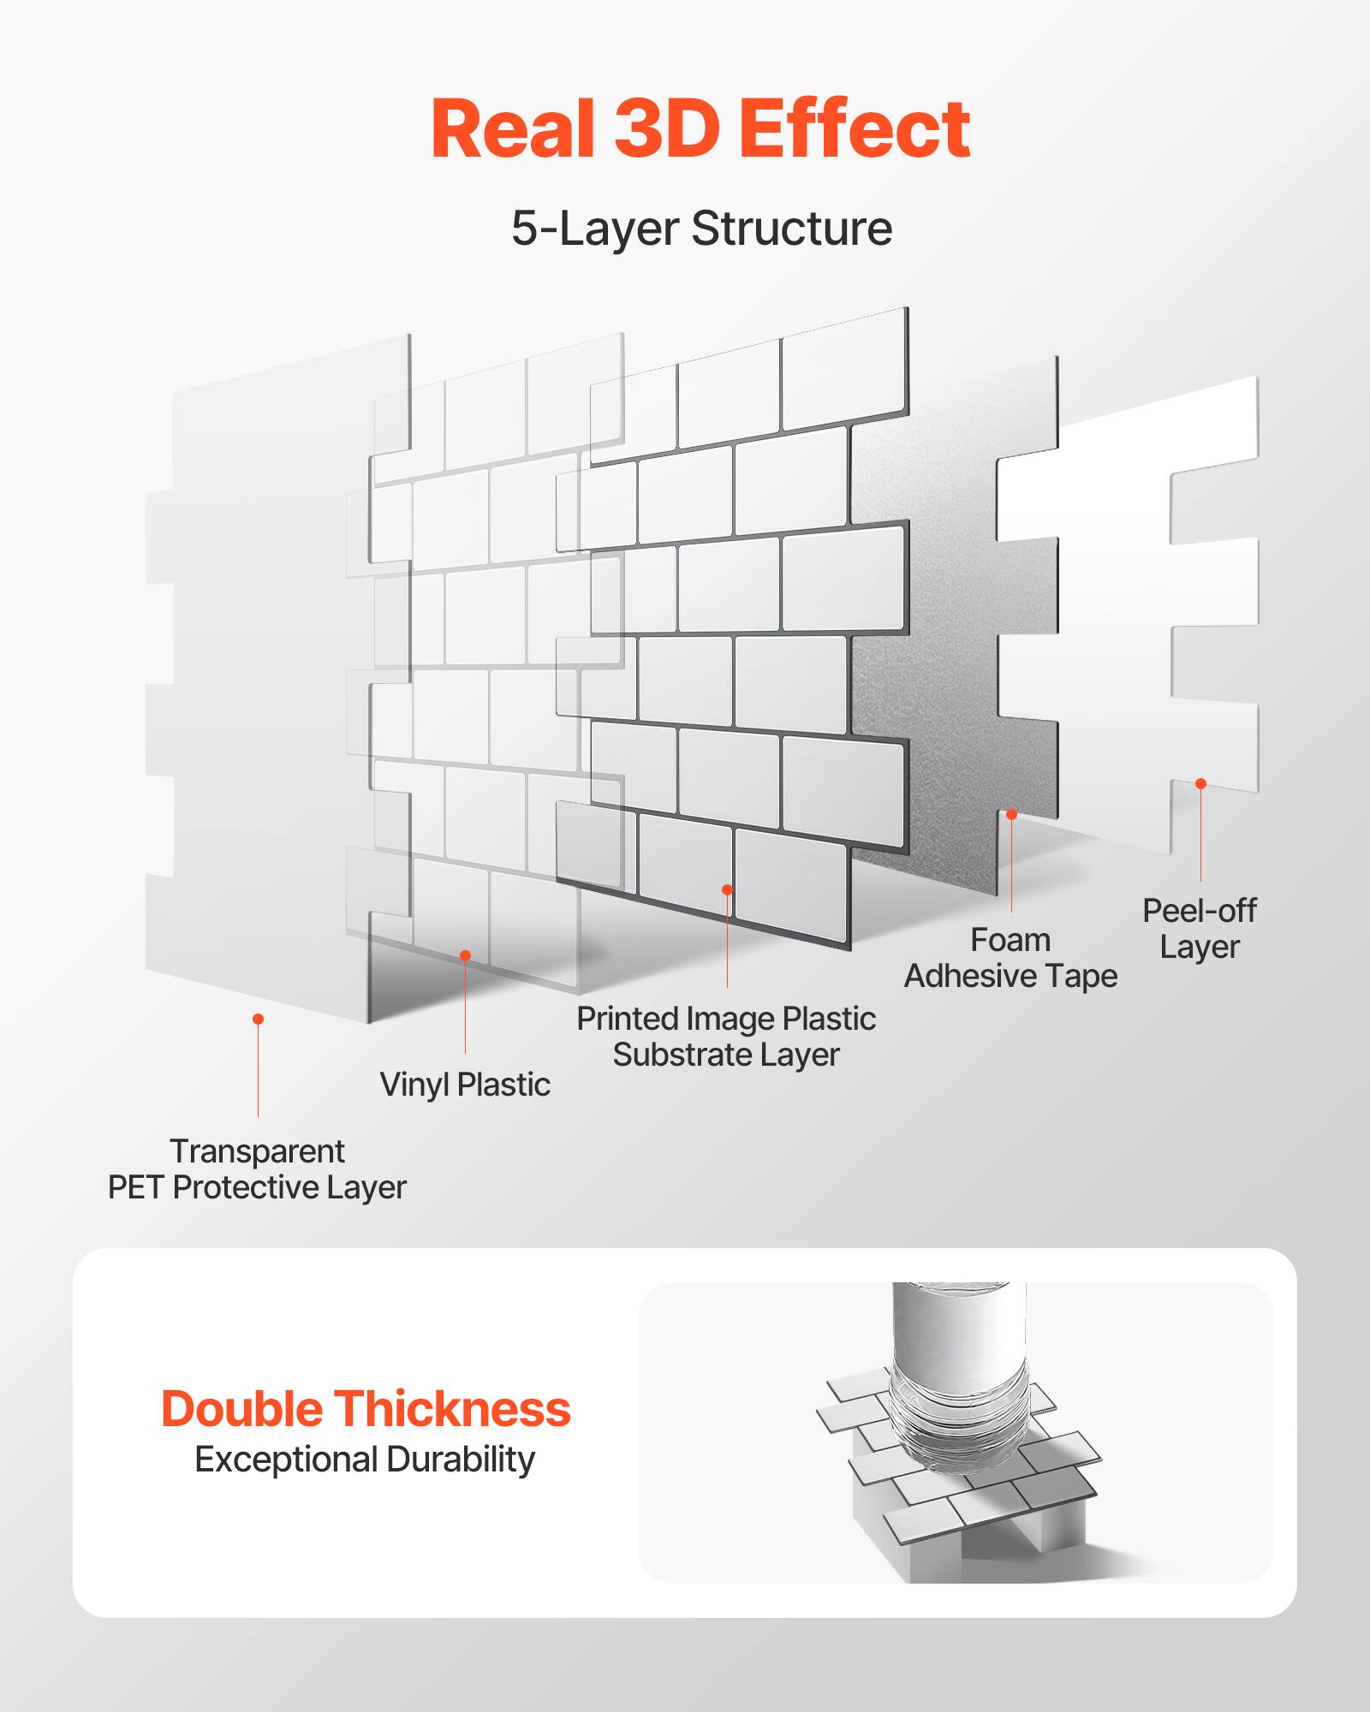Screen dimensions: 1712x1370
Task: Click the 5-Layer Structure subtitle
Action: tap(701, 229)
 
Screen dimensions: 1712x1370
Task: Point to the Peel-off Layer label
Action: tap(1199, 929)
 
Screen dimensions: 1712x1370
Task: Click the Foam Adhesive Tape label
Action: tap(1010, 958)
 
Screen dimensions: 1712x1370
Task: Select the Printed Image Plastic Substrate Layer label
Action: tap(726, 1037)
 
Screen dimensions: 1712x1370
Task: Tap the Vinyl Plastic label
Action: tap(465, 1085)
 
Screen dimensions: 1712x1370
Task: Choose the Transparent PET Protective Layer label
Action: tap(257, 1169)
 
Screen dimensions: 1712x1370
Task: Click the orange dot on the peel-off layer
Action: tap(1200, 783)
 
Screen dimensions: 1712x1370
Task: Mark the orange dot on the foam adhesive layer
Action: tap(1011, 814)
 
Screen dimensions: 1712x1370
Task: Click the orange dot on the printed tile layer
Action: tap(727, 889)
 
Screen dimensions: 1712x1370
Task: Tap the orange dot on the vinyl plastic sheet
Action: tap(465, 955)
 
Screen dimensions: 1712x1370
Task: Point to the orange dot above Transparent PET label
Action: tap(258, 1019)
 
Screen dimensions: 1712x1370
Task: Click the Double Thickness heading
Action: tap(366, 1409)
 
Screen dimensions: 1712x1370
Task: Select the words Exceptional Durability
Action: tap(365, 1459)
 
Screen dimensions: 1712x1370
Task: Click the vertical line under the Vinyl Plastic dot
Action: tap(465, 1010)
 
